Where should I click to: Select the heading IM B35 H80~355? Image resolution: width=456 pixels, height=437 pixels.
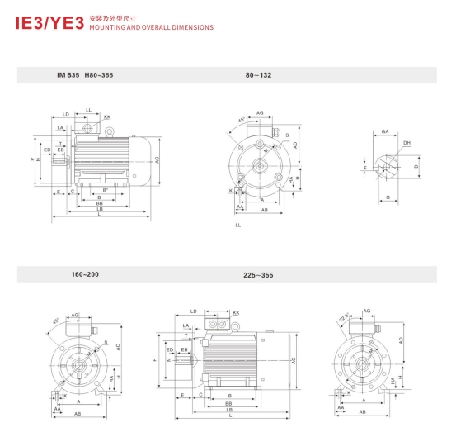(x=84, y=75)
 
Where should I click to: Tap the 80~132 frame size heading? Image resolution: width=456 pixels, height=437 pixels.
(x=258, y=75)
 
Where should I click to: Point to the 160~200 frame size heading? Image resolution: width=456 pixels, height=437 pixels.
(x=84, y=273)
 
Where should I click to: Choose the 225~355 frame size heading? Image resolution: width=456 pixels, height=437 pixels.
(x=258, y=274)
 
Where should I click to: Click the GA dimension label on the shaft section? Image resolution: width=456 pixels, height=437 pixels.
(x=385, y=132)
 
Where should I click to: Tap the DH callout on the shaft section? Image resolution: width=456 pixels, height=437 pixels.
(x=407, y=143)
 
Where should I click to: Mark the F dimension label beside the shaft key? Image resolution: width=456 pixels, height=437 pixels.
(x=365, y=168)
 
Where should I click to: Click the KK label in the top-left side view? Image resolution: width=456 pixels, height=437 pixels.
(x=107, y=117)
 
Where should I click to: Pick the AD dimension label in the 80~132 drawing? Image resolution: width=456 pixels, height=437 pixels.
(x=294, y=145)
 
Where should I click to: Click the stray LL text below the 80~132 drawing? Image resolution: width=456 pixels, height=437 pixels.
(x=238, y=225)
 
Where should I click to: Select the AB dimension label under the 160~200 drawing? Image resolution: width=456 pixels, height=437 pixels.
(x=77, y=413)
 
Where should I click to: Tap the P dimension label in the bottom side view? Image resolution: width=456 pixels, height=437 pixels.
(x=154, y=360)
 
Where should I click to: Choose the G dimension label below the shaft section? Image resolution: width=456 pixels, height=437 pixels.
(x=387, y=197)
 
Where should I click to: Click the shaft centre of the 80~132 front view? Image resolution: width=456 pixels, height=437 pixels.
(x=259, y=163)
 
